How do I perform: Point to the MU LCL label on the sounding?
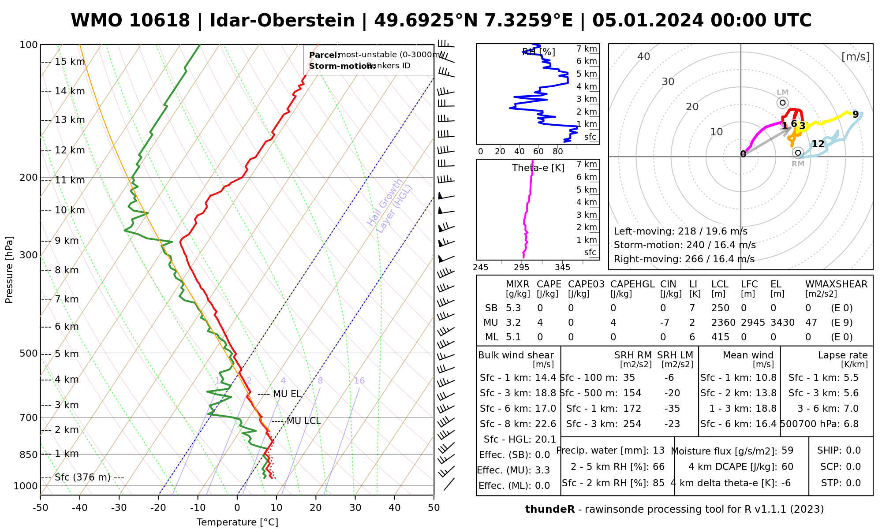[x=303, y=421]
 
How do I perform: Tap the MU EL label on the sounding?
[x=287, y=394]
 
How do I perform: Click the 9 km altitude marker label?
[x=67, y=241]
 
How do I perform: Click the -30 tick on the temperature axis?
[x=119, y=508]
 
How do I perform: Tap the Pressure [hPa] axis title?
[x=9, y=270]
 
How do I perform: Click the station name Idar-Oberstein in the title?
[x=282, y=21]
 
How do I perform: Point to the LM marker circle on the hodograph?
[x=782, y=103]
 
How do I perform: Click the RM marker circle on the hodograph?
[x=797, y=153]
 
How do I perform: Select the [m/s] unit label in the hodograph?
[x=855, y=56]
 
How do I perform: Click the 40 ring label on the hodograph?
[x=644, y=56]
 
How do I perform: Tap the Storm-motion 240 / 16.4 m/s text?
[x=684, y=245]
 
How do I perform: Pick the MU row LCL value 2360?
[x=723, y=323]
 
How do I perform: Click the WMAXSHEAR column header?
[x=836, y=284]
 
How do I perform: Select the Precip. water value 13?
[x=658, y=451]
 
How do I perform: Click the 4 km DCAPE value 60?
[x=787, y=467]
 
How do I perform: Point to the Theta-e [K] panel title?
[x=538, y=168]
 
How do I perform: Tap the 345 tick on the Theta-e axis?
[x=562, y=268]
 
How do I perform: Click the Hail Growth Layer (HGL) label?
[x=390, y=206]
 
